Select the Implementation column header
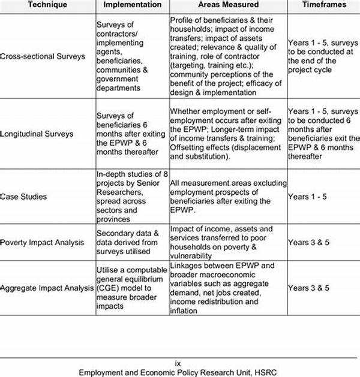pyautogui.click(x=132, y=5)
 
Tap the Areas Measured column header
pyautogui.click(x=227, y=5)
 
